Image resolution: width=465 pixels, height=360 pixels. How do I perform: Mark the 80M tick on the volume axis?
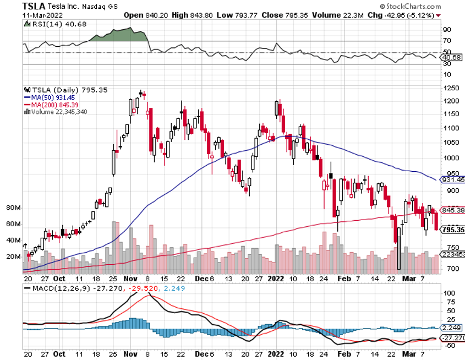tap(13, 208)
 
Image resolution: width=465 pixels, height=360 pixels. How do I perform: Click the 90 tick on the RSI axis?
tap(447, 29)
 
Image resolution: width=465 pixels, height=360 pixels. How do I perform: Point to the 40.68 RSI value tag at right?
tap(452, 57)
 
